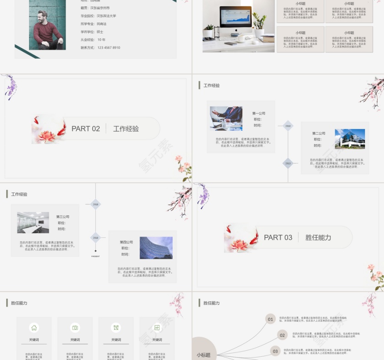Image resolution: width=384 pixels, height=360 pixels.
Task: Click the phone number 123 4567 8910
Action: (x=109, y=48)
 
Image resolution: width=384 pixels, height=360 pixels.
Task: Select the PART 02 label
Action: (x=85, y=129)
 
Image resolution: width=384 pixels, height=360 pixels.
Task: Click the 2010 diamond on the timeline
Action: (x=288, y=126)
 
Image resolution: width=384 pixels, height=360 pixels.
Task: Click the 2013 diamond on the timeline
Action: (x=288, y=163)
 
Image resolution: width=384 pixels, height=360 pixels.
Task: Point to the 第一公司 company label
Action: (x=259, y=113)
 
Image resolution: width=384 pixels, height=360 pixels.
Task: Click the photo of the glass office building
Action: (x=350, y=138)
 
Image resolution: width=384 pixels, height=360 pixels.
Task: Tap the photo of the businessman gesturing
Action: (x=226, y=119)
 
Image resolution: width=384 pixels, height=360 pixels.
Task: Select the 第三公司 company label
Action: (x=63, y=217)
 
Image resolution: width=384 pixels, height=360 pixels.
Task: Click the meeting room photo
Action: (x=33, y=222)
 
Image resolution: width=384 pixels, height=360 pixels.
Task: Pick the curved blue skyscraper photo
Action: (x=156, y=248)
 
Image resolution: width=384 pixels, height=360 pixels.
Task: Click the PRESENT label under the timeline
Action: (x=96, y=256)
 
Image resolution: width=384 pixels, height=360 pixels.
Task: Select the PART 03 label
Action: (x=278, y=238)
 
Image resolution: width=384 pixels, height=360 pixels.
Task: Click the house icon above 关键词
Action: (x=34, y=328)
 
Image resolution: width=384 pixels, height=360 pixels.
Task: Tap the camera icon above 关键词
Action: (x=75, y=328)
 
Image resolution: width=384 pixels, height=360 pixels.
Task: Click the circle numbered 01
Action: (x=270, y=319)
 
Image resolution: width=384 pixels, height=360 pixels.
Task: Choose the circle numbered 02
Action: (x=282, y=335)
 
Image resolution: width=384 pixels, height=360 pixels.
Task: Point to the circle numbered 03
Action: (x=275, y=351)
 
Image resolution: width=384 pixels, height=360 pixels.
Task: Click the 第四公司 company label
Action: (x=126, y=242)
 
